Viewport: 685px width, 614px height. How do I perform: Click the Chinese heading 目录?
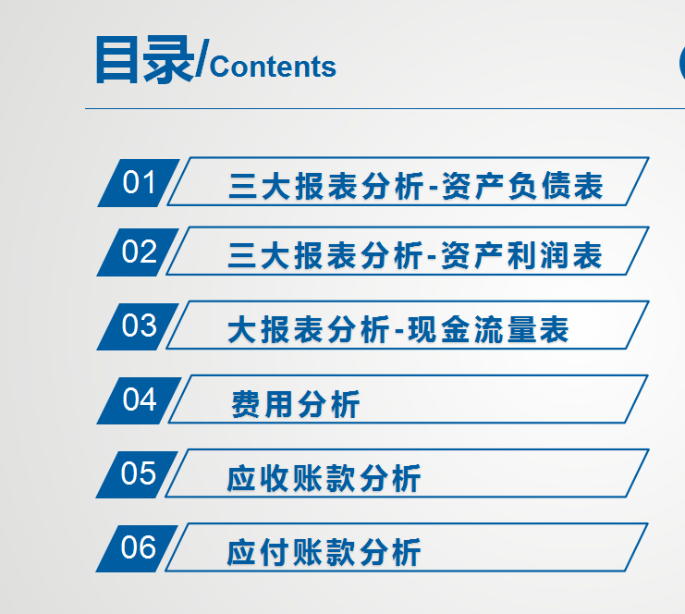pyautogui.click(x=144, y=60)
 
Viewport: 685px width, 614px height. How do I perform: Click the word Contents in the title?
pyautogui.click(x=274, y=67)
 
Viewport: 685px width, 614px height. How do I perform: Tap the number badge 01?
pyautogui.click(x=139, y=182)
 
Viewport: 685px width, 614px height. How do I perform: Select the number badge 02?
pyautogui.click(x=139, y=252)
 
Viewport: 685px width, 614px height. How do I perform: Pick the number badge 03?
pyautogui.click(x=139, y=325)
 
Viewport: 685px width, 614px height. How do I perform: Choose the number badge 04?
pyautogui.click(x=139, y=399)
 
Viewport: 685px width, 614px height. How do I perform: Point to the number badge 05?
pyautogui.click(x=139, y=473)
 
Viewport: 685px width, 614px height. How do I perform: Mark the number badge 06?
pyautogui.click(x=139, y=547)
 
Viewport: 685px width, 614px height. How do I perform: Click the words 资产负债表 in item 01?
pyautogui.click(x=522, y=187)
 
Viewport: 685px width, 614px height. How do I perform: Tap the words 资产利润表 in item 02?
pyautogui.click(x=522, y=256)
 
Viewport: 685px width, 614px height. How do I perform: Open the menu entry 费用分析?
pyautogui.click(x=295, y=405)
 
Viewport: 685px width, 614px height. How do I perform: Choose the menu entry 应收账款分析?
pyautogui.click(x=324, y=479)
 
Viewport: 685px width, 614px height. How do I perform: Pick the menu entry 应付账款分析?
pyautogui.click(x=324, y=553)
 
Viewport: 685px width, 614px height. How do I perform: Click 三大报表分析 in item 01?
pyautogui.click(x=324, y=187)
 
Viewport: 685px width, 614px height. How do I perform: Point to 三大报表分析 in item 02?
pyautogui.click(x=324, y=256)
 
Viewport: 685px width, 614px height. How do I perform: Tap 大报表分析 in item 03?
pyautogui.click(x=308, y=330)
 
